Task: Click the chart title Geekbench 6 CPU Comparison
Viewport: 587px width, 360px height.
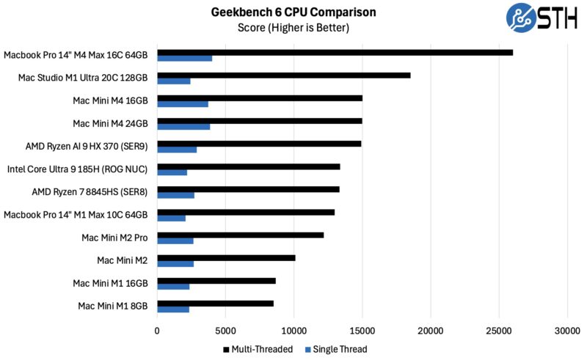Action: click(x=293, y=12)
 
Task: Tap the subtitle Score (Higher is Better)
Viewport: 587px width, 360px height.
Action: click(x=293, y=28)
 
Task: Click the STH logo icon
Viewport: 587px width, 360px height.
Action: click(x=522, y=18)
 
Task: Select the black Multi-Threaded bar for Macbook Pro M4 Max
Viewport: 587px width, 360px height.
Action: click(x=335, y=53)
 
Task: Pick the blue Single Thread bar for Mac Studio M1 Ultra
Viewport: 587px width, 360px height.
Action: click(x=174, y=81)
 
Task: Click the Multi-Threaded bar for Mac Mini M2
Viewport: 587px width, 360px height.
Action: click(x=226, y=257)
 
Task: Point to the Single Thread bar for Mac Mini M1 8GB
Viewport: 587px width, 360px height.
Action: click(x=173, y=309)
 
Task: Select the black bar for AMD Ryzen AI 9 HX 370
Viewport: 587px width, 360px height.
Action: click(x=259, y=144)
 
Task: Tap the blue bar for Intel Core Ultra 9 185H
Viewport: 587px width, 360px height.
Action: click(x=172, y=172)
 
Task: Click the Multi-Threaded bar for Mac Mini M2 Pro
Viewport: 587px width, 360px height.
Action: click(x=240, y=235)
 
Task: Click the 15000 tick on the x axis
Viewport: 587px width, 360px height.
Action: click(x=362, y=331)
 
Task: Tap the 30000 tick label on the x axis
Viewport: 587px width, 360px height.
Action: click(x=566, y=331)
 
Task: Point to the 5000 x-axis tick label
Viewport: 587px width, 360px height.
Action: click(x=225, y=331)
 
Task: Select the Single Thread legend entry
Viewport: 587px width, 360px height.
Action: click(x=338, y=349)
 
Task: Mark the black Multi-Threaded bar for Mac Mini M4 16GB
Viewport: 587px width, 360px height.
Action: click(x=260, y=98)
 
